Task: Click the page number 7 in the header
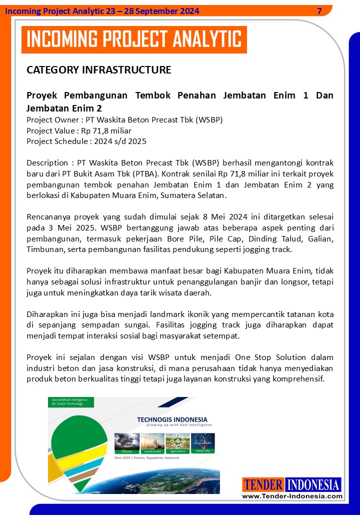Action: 319,11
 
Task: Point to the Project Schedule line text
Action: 86,141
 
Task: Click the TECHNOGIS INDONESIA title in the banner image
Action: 172,419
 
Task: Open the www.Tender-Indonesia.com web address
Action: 292,496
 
